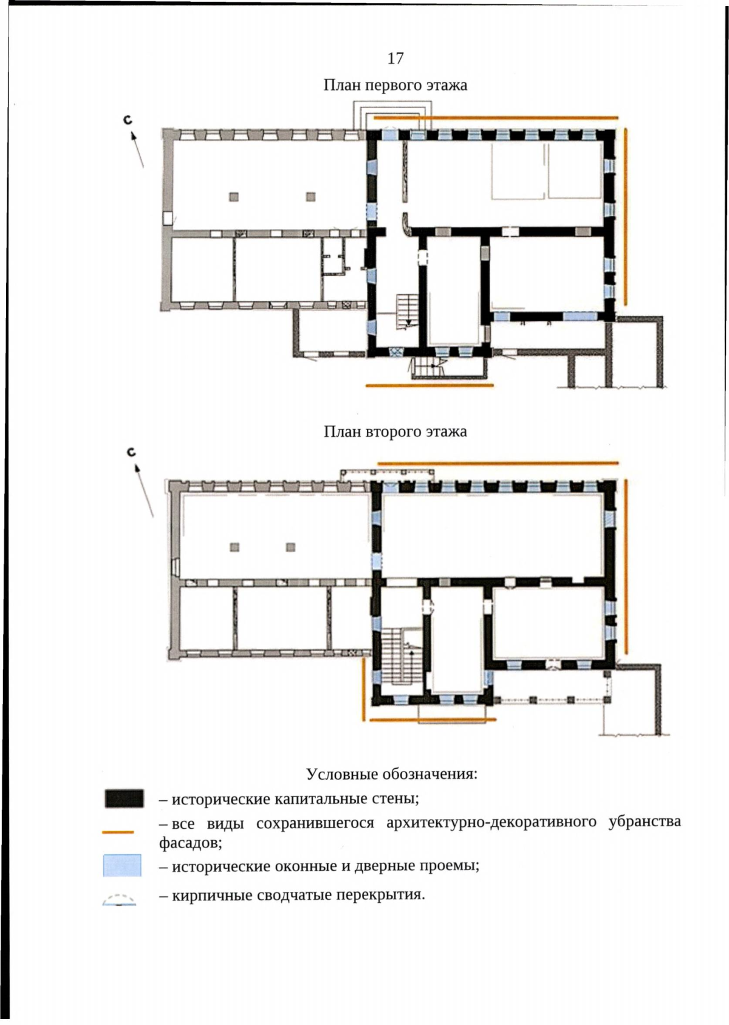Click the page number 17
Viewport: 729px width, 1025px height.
395,58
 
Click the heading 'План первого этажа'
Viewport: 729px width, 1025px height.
395,86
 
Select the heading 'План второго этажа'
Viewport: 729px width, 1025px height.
395,431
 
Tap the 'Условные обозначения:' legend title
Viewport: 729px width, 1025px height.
392,774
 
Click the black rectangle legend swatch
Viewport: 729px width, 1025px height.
124,798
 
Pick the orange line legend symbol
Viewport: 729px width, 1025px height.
118,832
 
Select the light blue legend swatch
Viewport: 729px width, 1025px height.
122,865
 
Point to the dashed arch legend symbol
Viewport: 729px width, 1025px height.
119,899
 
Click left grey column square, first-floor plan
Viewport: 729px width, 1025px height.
234,197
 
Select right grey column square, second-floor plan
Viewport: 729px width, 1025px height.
290,547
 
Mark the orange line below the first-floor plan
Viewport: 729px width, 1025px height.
430,386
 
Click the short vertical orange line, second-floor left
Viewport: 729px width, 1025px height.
364,690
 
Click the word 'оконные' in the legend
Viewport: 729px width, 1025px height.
304,866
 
